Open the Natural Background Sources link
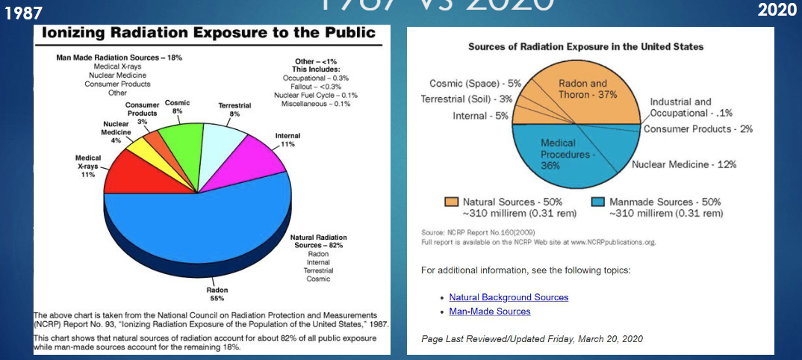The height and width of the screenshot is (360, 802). (509, 297)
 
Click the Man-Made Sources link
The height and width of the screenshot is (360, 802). (490, 311)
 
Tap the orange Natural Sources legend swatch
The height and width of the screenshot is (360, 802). (451, 202)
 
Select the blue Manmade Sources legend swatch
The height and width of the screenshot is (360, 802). (597, 202)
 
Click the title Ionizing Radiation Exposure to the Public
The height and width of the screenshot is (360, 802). (208, 34)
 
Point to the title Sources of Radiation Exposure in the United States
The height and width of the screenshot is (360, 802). (585, 47)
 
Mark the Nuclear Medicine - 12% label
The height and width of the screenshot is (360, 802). (684, 164)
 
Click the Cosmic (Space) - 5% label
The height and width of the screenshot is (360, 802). (475, 83)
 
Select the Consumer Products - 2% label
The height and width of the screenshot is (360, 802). (697, 129)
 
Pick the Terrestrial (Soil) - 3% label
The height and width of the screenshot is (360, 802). (467, 99)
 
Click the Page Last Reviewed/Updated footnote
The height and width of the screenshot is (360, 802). (532, 338)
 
